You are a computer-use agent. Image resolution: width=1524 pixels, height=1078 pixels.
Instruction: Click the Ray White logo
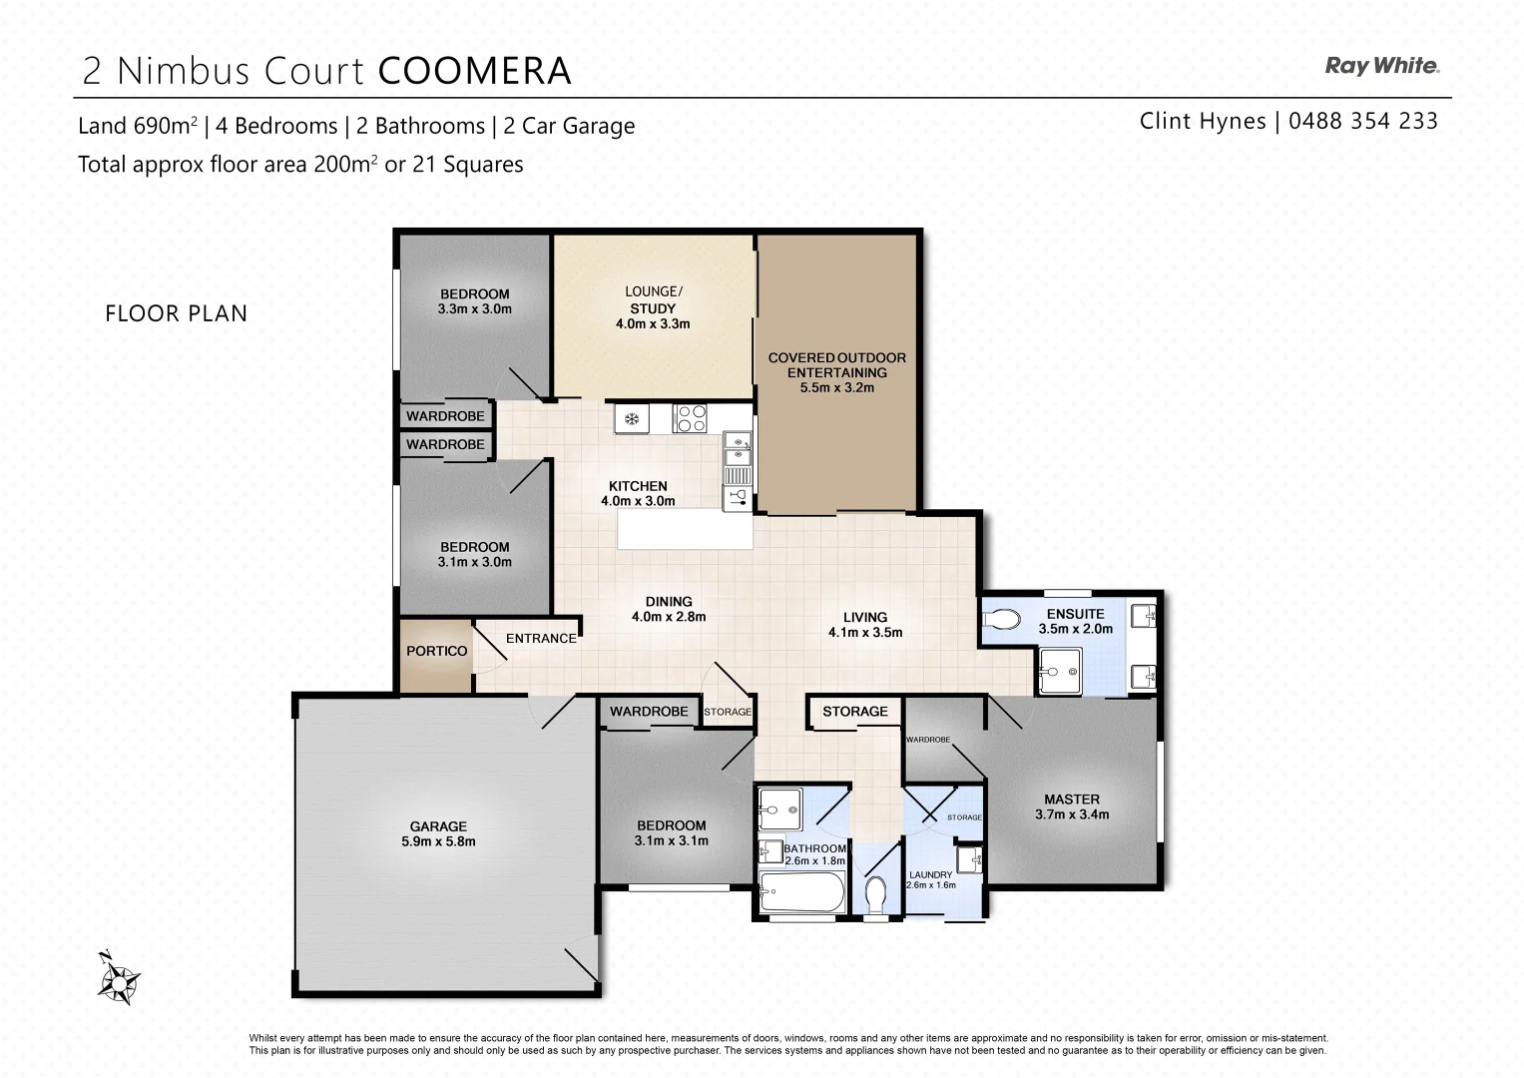(1381, 66)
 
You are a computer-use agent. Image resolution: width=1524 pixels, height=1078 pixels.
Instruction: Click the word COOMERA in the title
(475, 71)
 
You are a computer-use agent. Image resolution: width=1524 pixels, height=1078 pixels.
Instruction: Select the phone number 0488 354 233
(1362, 121)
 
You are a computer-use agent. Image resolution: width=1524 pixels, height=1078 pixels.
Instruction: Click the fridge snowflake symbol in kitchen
(631, 418)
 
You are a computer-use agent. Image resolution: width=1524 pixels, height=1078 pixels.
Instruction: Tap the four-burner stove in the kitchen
(691, 418)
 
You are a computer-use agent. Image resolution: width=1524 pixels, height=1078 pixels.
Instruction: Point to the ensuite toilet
(1001, 620)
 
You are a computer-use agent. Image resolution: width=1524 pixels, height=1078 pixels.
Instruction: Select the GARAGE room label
(438, 826)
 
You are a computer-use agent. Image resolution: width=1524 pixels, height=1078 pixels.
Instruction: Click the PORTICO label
(436, 651)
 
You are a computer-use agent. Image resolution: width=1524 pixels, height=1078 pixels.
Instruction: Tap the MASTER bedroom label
(1072, 800)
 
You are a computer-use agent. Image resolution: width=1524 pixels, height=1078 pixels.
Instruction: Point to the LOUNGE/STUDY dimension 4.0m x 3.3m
(653, 323)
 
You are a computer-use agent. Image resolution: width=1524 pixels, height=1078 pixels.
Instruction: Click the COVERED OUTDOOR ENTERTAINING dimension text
(836, 387)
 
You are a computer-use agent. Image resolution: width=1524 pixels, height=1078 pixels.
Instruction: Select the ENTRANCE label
(541, 638)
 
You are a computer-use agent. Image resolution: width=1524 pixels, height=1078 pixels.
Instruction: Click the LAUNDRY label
(930, 874)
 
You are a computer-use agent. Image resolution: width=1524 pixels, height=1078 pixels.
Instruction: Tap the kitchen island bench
(685, 529)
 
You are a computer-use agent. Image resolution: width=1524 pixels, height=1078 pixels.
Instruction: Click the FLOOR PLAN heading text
(176, 313)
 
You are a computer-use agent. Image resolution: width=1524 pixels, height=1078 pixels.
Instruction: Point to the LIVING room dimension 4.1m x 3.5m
(864, 632)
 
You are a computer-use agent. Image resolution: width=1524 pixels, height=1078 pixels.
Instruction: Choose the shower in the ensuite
(1059, 670)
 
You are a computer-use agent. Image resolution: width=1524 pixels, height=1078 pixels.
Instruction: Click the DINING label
(668, 601)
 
